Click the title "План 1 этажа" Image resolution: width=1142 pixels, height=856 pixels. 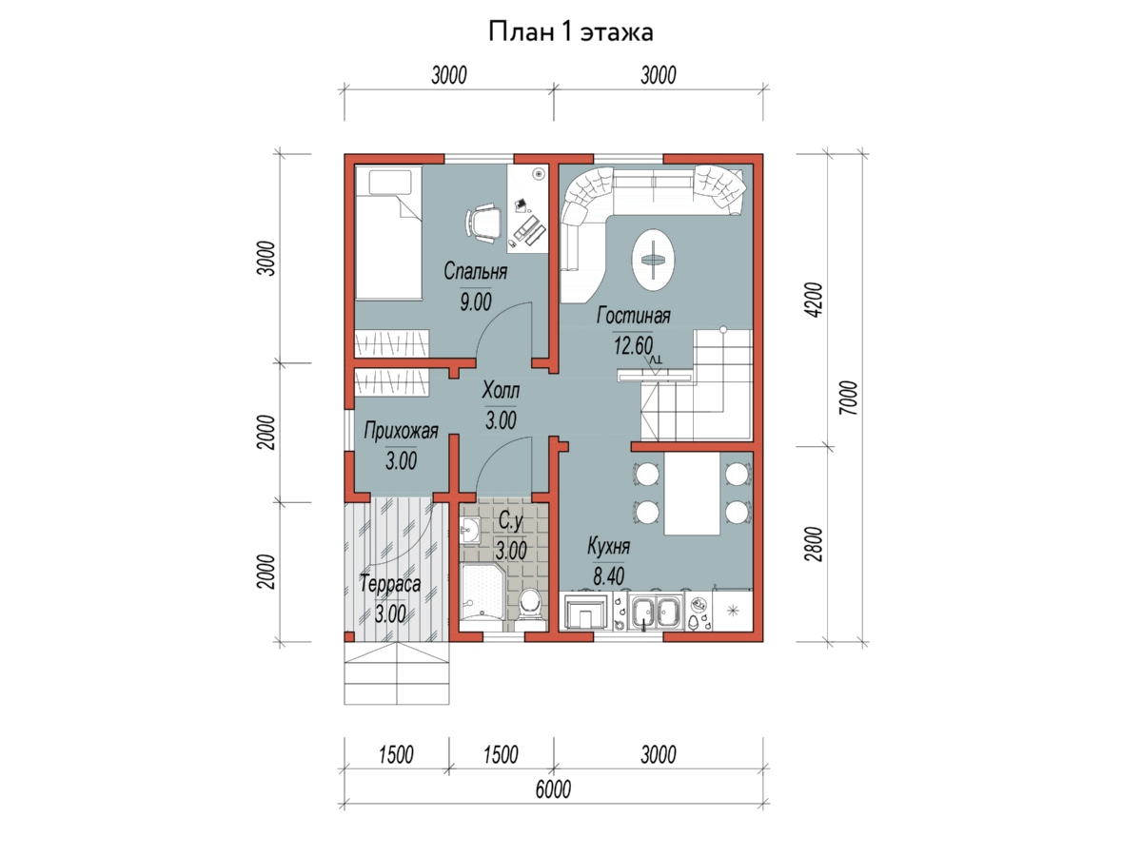(570, 32)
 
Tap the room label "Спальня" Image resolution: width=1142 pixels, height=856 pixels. (475, 271)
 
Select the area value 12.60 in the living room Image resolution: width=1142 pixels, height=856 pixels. (633, 345)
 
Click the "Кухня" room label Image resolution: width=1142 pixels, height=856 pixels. (608, 546)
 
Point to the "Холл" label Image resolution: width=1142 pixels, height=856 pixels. (501, 390)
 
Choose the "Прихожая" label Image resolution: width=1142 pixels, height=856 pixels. (401, 431)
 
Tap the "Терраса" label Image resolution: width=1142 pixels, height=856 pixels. (390, 584)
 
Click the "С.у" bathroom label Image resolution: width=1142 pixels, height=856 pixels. (510, 521)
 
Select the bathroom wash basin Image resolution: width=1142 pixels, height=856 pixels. (470, 531)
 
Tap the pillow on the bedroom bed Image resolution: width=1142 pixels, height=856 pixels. (389, 183)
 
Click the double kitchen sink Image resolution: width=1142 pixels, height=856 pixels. (656, 612)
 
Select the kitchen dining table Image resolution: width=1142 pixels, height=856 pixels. (693, 494)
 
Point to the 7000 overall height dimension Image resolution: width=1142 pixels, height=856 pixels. (848, 398)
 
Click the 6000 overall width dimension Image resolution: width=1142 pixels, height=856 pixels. (553, 789)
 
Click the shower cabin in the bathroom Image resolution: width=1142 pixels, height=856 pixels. (482, 599)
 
